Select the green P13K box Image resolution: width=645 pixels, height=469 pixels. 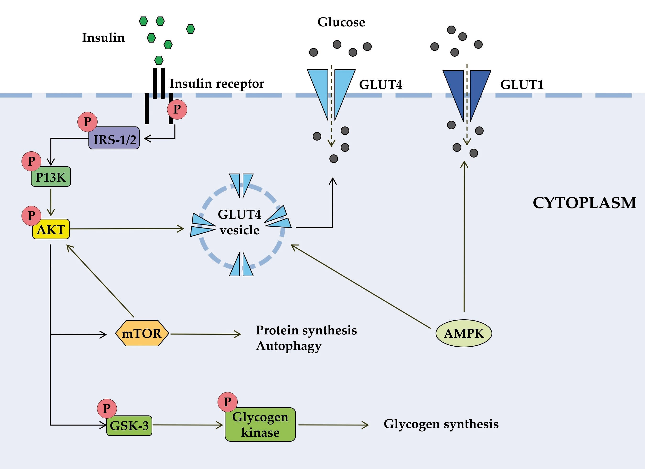pos(51,177)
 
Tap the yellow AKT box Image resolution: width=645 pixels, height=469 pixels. pos(51,229)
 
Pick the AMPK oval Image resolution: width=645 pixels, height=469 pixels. pos(464,333)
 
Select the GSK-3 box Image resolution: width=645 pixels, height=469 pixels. pos(129,425)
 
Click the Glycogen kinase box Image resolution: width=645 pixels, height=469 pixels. pos(260,424)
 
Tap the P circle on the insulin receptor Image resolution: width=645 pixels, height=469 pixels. pos(177,109)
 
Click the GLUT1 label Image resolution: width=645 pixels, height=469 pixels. pos(522,84)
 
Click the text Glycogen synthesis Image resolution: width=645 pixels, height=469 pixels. pos(441,424)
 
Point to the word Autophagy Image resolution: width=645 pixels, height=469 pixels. pos(289,346)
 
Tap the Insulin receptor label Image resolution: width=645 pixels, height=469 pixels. pos(217,84)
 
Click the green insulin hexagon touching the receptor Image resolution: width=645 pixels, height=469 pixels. pos(159,60)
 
